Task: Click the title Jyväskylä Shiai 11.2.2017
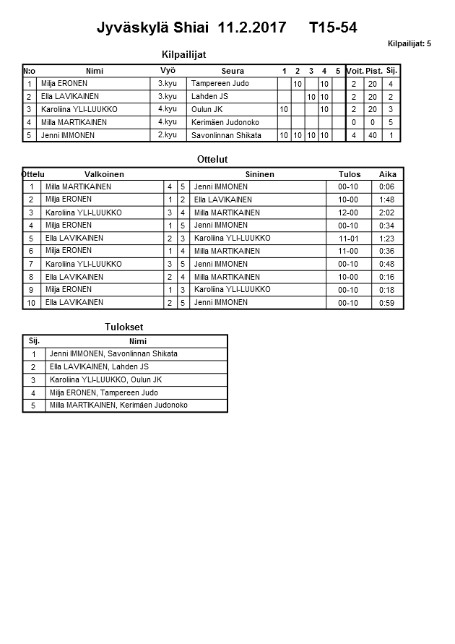[188, 28]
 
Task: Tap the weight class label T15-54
[332, 28]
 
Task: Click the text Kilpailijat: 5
[409, 44]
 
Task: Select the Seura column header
[232, 71]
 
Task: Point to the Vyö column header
[168, 71]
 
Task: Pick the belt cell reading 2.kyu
[168, 135]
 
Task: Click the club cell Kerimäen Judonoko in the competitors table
[225, 122]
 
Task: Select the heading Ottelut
[212, 159]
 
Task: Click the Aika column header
[388, 174]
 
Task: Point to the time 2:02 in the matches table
[388, 212]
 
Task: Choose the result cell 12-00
[348, 212]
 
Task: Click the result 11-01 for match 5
[348, 238]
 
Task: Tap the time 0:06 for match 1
[388, 186]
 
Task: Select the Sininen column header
[259, 174]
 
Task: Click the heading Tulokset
[124, 327]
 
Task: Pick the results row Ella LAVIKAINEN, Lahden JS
[99, 366]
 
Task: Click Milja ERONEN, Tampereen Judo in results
[103, 392]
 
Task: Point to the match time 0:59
[388, 303]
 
